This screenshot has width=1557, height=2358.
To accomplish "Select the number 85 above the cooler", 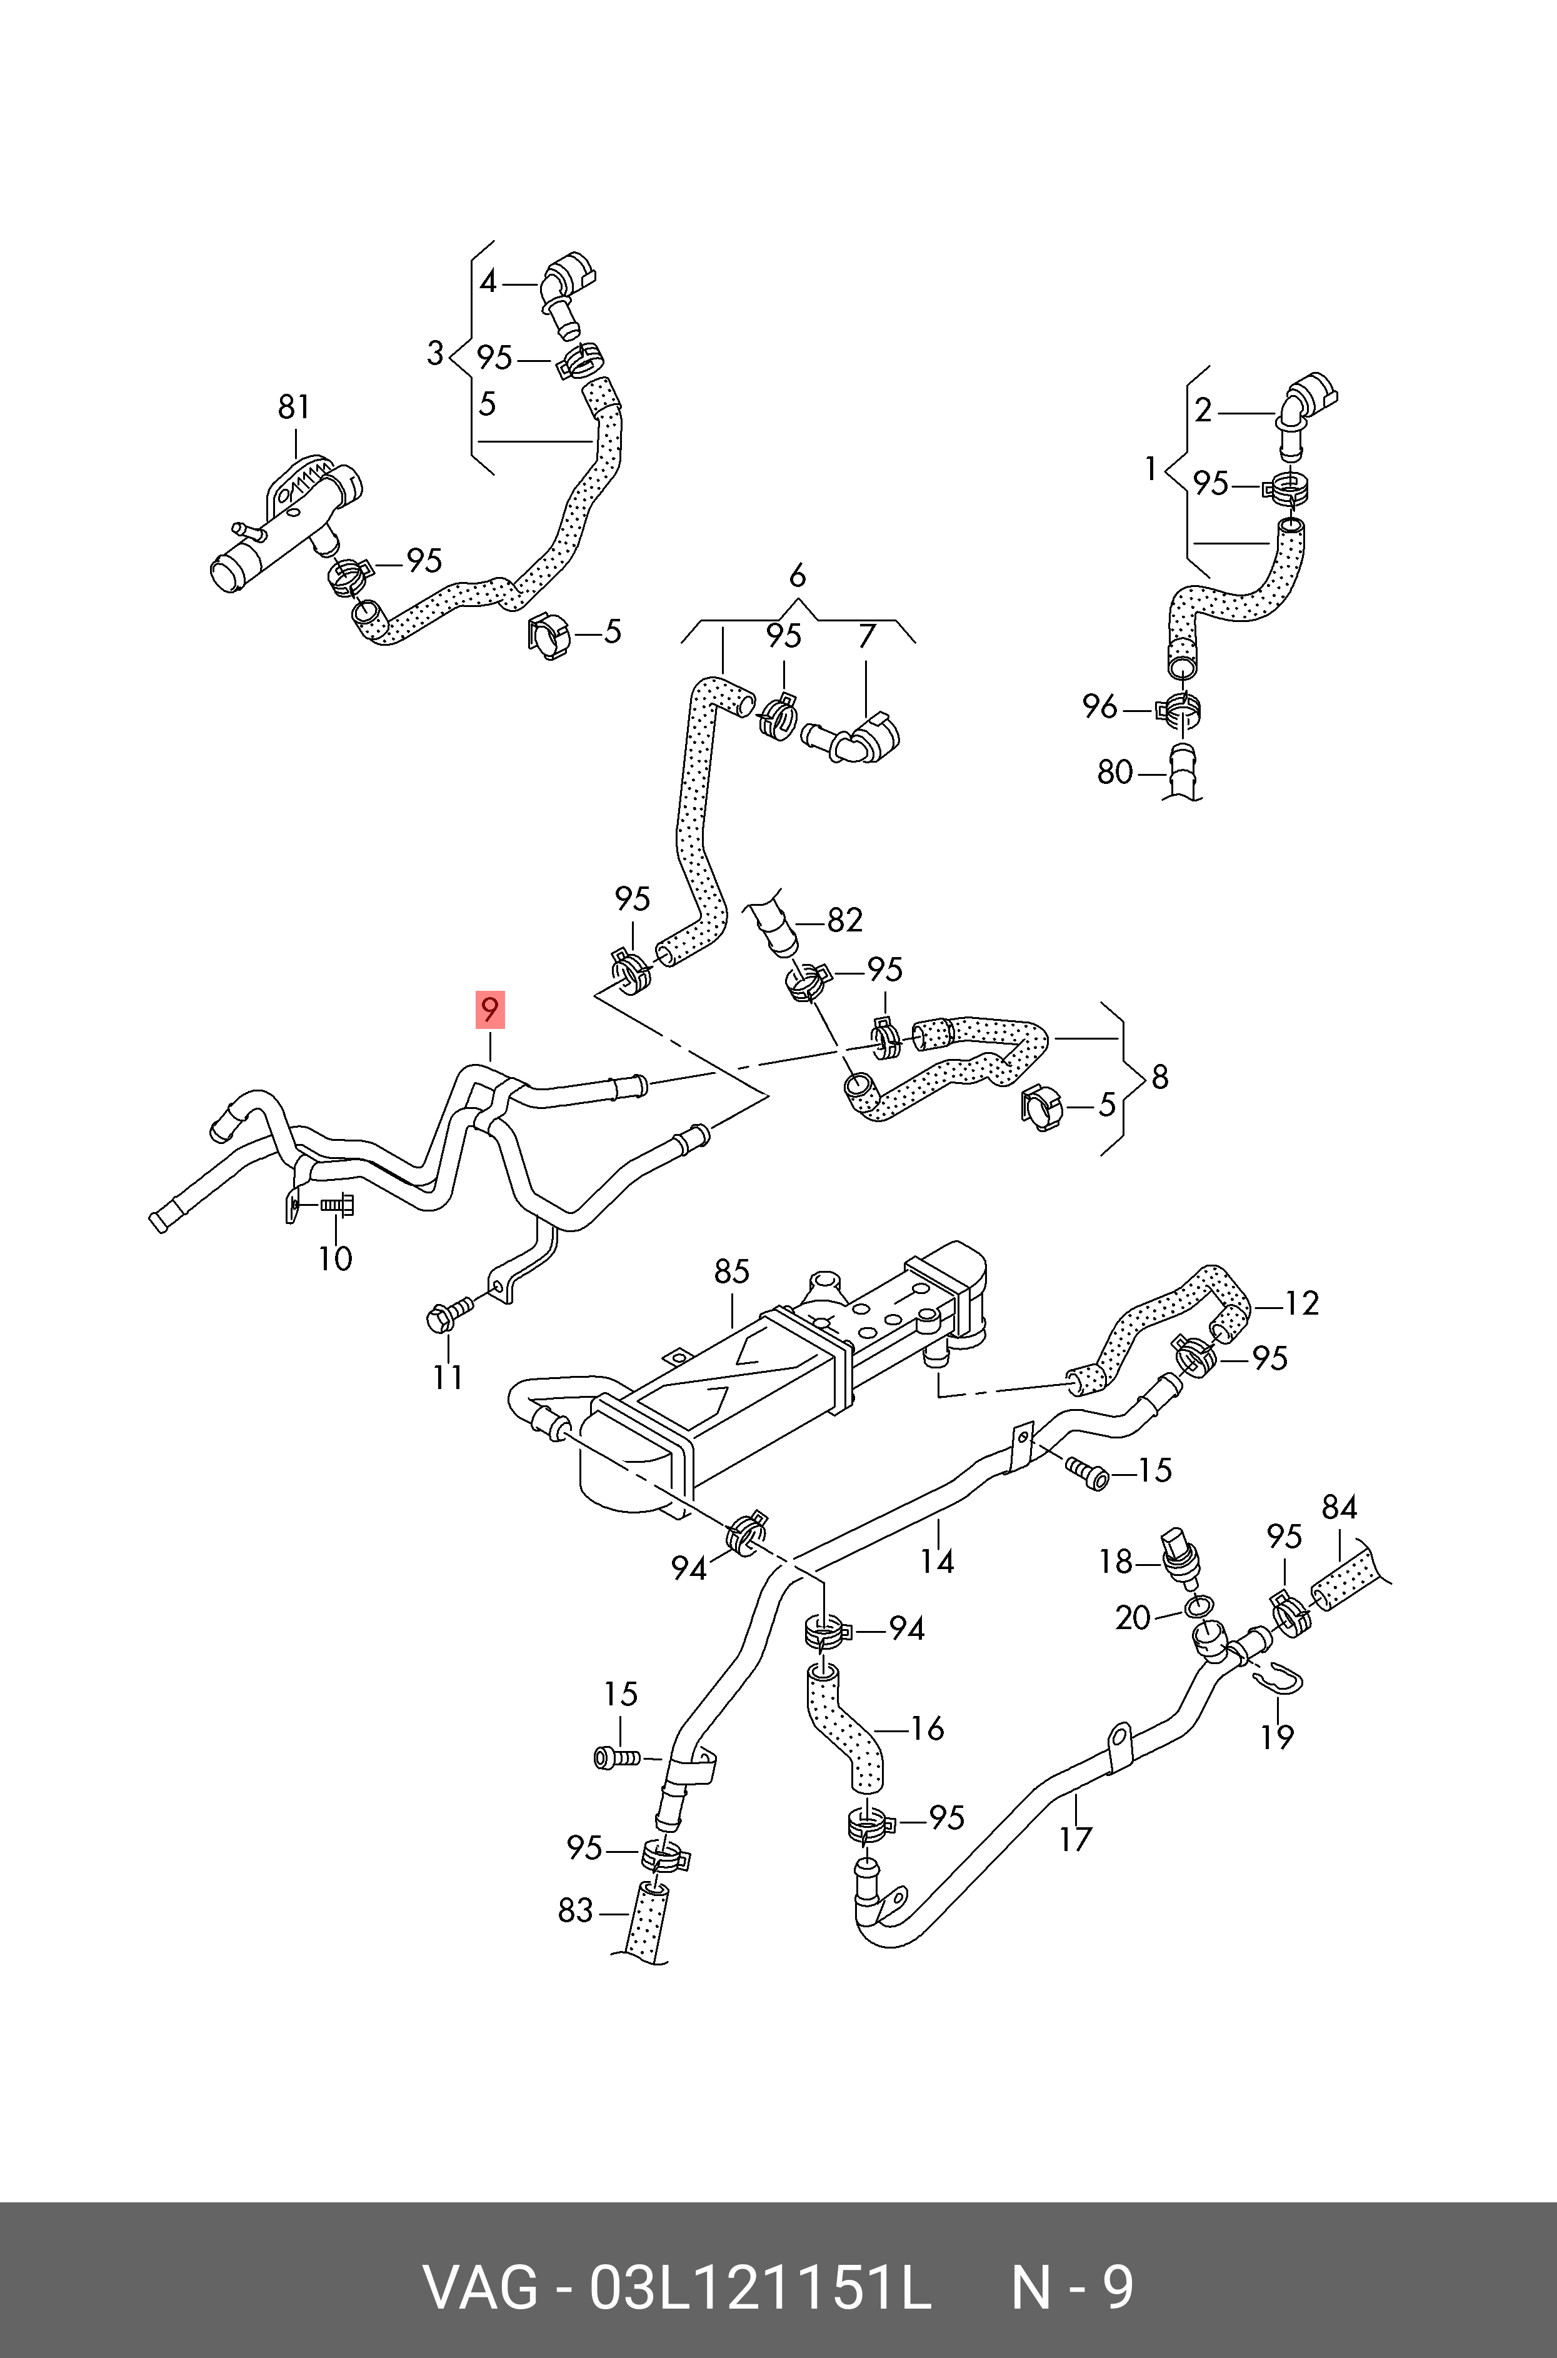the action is [x=732, y=1271].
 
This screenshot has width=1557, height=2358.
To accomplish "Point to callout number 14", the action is [x=936, y=1561].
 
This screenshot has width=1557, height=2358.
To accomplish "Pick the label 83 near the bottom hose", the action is [x=575, y=1910].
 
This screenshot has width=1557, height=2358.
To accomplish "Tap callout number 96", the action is [x=1100, y=707].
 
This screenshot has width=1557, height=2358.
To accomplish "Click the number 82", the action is [x=845, y=920].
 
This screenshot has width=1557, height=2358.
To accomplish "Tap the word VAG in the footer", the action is [x=481, y=2280].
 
